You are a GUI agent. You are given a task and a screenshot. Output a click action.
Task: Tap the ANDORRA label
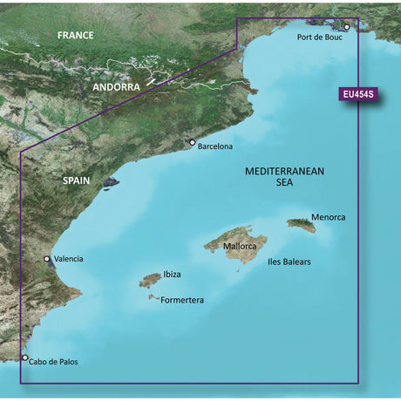(123, 88)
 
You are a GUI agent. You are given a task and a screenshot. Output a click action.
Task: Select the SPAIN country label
(81, 179)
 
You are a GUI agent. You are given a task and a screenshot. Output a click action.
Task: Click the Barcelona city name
(215, 146)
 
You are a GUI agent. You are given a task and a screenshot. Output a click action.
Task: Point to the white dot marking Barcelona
(192, 142)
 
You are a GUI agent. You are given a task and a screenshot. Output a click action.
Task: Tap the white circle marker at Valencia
(47, 259)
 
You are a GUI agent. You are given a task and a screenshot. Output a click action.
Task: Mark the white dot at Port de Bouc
(346, 27)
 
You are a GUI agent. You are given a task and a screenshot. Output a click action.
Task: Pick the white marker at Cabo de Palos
(24, 357)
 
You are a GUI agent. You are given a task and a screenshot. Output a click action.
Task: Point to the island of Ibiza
(150, 280)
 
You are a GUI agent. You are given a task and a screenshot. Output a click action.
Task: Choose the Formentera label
(182, 300)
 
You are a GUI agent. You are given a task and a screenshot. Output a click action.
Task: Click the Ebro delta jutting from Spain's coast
(111, 184)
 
